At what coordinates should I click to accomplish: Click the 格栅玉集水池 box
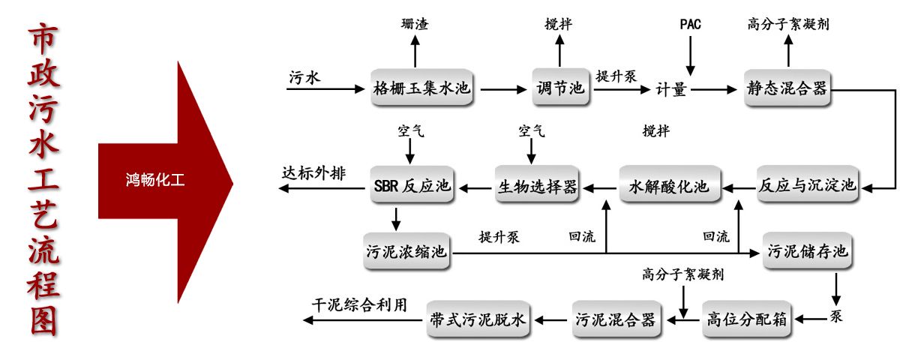pyautogui.click(x=422, y=88)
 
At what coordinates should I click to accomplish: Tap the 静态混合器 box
pyautogui.click(x=786, y=88)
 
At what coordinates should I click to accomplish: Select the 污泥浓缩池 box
pyautogui.click(x=406, y=252)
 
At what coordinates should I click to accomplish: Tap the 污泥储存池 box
pyautogui.click(x=807, y=251)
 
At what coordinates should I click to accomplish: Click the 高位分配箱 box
pyautogui.click(x=746, y=319)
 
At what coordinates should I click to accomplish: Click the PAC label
pyautogui.click(x=690, y=24)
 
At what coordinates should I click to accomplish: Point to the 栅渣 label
pyautogui.click(x=415, y=24)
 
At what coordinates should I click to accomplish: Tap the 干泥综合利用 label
pyautogui.click(x=359, y=305)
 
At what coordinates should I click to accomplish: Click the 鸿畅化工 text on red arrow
pyautogui.click(x=155, y=180)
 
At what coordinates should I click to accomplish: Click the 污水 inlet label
pyautogui.click(x=304, y=76)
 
